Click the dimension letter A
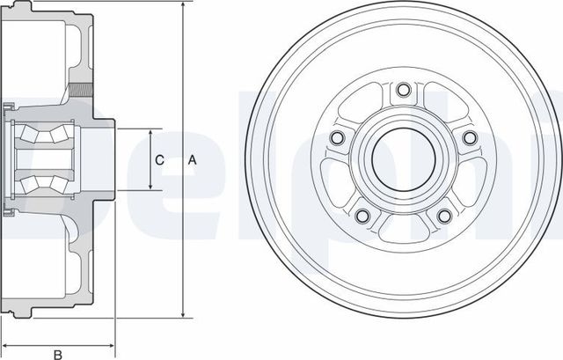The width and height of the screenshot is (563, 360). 193,160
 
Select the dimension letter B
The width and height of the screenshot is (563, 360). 57,354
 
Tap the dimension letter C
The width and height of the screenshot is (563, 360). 159,160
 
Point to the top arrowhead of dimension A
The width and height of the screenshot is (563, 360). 182,6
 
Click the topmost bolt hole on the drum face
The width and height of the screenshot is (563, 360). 402,89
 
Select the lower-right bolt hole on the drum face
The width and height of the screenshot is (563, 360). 444,216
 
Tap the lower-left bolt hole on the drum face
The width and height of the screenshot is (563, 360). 362,216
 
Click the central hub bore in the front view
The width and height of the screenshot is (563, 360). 402,159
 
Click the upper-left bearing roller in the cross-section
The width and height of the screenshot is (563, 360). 35,136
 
